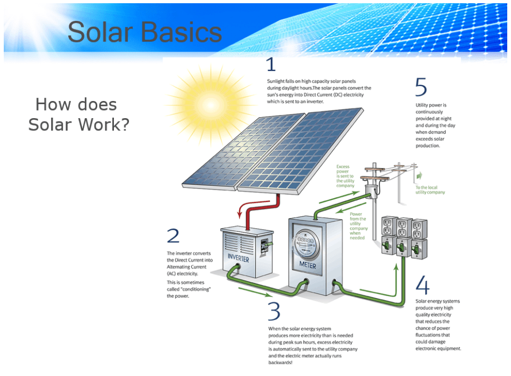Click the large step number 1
271,65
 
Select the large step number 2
173,236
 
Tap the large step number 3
274,312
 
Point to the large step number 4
422,285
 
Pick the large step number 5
421,88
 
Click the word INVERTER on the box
238,258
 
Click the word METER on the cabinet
308,265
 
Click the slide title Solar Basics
145,32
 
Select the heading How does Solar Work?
78,114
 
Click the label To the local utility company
430,190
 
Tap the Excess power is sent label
346,176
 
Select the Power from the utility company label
358,226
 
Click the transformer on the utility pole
370,190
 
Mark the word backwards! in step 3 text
281,363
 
